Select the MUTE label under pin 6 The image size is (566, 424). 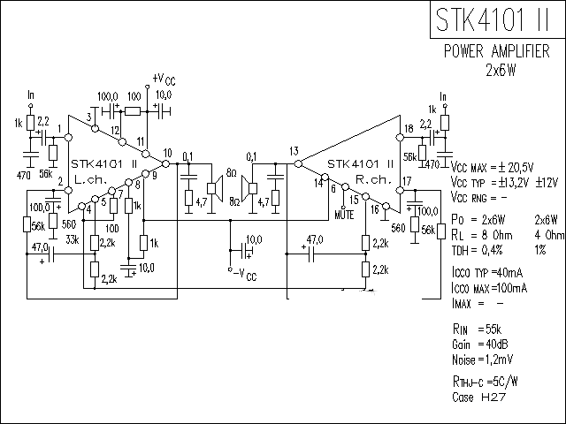pos(346,213)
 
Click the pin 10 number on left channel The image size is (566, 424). pos(167,154)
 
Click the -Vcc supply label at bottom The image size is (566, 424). pos(244,275)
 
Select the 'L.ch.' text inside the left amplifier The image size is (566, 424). pos(89,179)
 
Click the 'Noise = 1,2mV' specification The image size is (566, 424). pos(483,360)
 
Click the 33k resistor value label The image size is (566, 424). pos(73,239)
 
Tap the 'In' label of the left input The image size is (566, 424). pos(32,95)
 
